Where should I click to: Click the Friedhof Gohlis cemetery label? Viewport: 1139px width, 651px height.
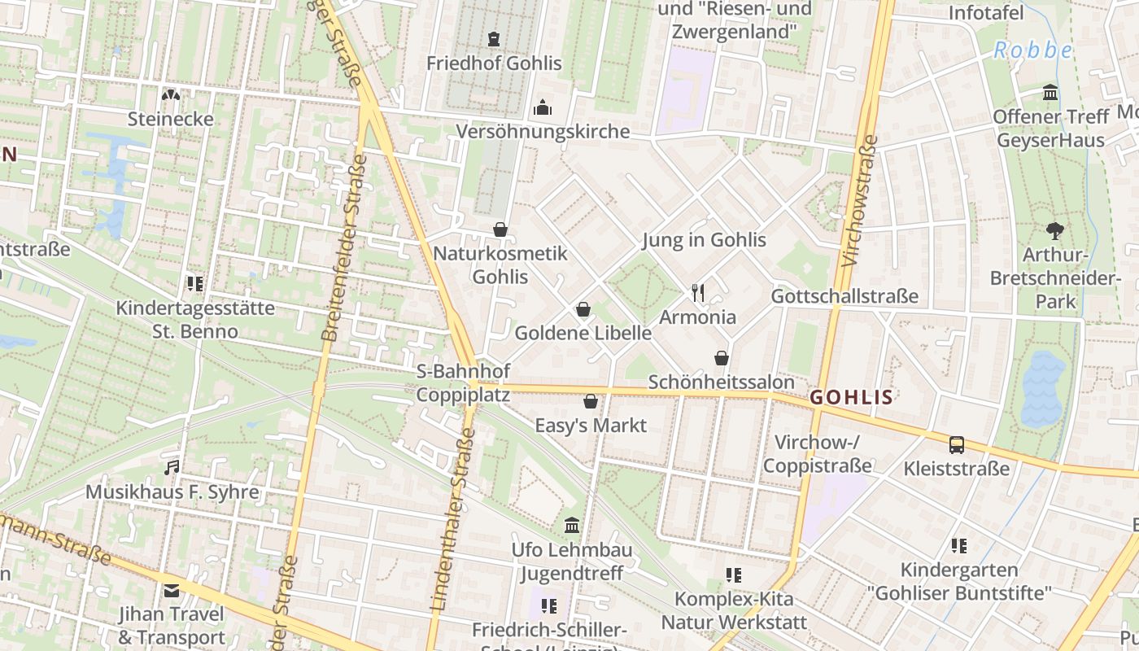[494, 63]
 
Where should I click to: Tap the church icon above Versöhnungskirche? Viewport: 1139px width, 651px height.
[542, 107]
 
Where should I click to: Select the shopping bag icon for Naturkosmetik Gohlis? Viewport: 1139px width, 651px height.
[500, 230]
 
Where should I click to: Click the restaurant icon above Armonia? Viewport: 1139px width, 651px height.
[697, 293]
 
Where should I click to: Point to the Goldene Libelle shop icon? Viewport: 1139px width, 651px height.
[583, 309]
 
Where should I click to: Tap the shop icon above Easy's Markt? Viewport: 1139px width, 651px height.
[591, 401]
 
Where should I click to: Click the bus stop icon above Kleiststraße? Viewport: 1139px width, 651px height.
[957, 445]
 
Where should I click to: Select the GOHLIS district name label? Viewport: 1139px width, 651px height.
[852, 398]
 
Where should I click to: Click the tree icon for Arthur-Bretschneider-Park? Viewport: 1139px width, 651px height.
[1055, 231]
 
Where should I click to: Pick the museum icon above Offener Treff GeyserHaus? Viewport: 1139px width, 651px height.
[1050, 93]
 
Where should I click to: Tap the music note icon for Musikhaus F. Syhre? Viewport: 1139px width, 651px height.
[172, 468]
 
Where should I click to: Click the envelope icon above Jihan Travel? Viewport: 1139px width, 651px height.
[172, 591]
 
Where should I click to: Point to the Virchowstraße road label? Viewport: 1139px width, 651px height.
[860, 202]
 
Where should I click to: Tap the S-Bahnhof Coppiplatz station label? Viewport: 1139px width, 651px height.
[463, 383]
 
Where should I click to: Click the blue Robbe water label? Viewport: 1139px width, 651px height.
[1032, 50]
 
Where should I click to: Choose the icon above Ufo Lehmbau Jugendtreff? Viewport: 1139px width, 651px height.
[572, 526]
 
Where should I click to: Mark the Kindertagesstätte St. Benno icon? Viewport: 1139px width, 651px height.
[194, 284]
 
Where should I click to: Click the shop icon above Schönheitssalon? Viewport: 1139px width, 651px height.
[721, 358]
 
